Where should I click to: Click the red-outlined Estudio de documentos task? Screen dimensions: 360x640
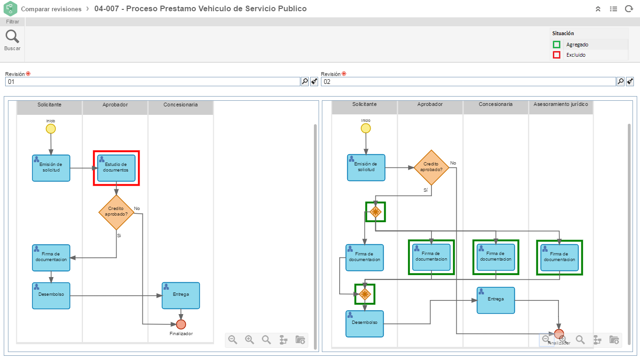coord(116,168)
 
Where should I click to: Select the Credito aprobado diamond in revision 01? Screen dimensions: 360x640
coord(116,212)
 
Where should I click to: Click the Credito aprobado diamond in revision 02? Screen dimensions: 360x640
coord(431,167)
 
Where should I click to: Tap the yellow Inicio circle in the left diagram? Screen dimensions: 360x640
coord(51,129)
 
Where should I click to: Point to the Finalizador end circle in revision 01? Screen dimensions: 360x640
coord(181,324)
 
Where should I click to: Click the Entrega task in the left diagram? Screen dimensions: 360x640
coord(181,295)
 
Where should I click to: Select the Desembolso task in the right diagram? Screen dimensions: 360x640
coord(365,323)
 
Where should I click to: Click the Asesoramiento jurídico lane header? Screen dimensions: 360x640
coord(561,105)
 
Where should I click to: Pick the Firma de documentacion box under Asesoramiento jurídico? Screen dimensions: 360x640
coord(559,257)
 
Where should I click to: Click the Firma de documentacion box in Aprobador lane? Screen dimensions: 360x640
coord(431,257)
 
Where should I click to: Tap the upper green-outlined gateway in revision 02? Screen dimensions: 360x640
coord(375,212)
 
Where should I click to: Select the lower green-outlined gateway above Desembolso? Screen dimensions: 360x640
coord(365,294)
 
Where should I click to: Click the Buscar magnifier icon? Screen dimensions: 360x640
coord(12,37)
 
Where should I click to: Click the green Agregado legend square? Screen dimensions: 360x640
coord(557,45)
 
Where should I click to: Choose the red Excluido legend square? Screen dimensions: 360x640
coord(557,55)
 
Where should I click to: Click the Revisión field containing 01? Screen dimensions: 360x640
coord(152,82)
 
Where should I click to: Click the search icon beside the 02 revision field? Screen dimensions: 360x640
coord(620,82)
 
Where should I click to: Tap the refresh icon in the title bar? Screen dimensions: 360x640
coord(629,9)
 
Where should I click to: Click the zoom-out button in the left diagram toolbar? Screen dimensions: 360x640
coord(233,340)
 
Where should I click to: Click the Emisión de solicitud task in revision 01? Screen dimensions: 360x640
coord(51,168)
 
